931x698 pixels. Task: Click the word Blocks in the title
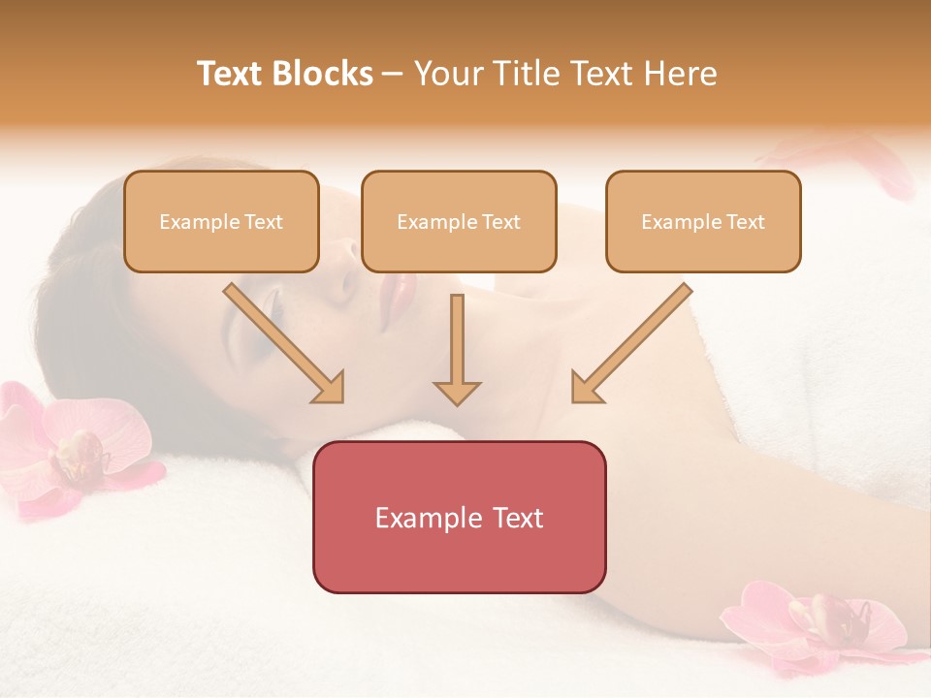click(x=323, y=74)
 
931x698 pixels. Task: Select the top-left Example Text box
click(x=221, y=222)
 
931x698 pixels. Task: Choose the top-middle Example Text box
click(x=459, y=222)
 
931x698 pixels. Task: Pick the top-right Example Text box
click(x=703, y=222)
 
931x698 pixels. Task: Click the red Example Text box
click(x=459, y=517)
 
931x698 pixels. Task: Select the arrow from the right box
click(x=630, y=344)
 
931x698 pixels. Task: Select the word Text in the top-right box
click(x=746, y=222)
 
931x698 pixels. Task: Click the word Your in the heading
click(x=447, y=74)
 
